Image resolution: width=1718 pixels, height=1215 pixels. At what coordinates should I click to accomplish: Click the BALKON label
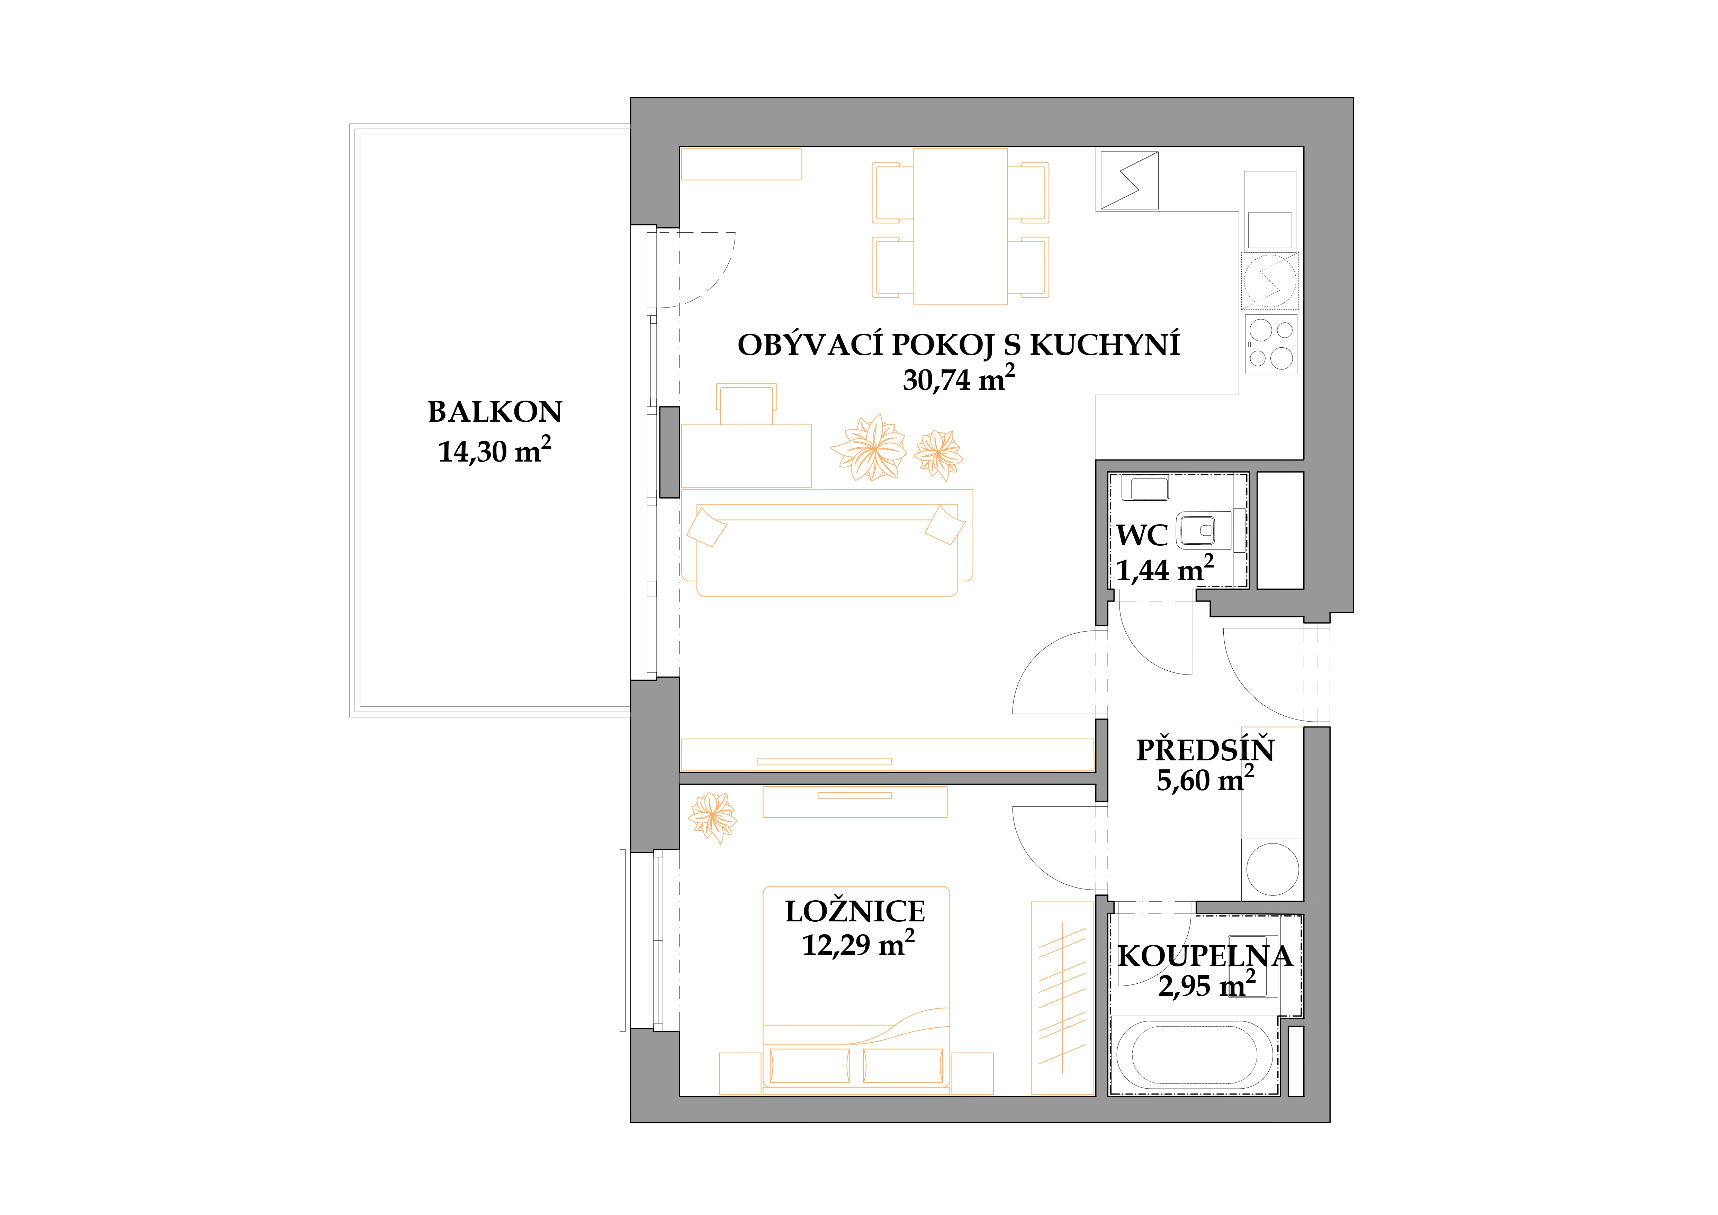pos(495,412)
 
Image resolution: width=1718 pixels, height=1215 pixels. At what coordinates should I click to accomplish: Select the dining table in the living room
pos(960,226)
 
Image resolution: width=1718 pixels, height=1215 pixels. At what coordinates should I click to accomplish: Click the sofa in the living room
pos(827,543)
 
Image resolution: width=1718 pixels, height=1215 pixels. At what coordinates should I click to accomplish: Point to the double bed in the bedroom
pos(856,990)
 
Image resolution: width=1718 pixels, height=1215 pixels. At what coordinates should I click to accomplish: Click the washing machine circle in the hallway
pos(1273,869)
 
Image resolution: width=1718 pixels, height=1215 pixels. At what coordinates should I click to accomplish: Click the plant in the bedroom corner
pos(712,818)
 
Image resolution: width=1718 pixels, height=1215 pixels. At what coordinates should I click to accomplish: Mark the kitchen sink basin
pos(1270,230)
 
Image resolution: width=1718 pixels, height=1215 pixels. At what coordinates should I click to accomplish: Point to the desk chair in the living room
pos(747,404)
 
